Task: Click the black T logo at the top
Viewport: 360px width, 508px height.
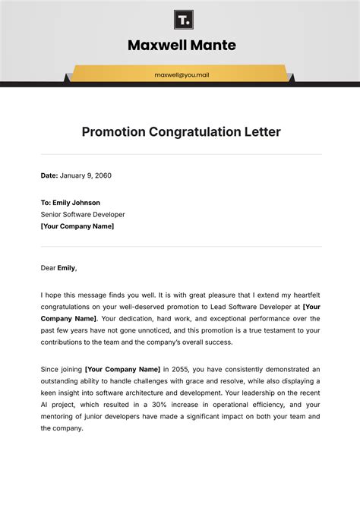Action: point(182,18)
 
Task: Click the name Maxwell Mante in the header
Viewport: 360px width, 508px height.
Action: point(182,46)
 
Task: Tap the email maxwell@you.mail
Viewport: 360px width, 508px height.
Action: point(182,75)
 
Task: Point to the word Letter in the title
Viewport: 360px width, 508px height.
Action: point(262,132)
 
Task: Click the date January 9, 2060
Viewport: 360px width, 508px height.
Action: point(86,175)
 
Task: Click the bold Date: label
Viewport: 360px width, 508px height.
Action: point(49,175)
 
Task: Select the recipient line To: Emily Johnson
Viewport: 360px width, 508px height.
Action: point(71,203)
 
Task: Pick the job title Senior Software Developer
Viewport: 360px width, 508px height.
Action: point(83,214)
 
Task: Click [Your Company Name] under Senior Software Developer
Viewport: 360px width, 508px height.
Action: point(77,226)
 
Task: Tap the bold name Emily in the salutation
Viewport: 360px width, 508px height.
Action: point(67,267)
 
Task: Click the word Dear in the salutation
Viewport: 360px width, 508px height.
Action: point(48,267)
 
